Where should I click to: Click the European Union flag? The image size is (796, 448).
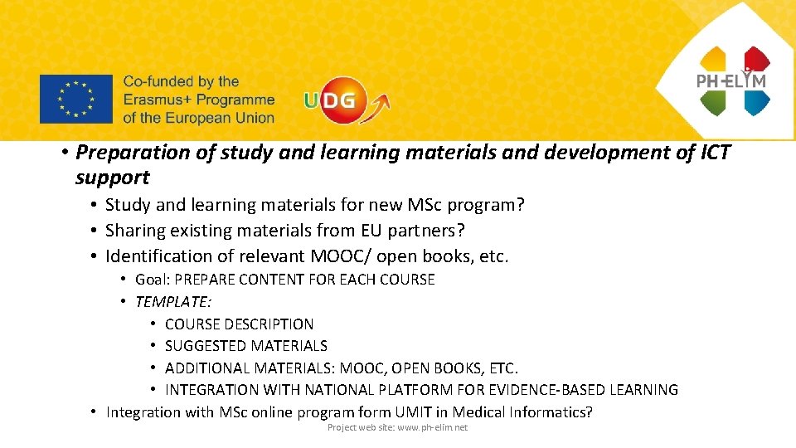75,99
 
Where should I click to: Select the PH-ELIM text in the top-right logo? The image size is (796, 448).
730,81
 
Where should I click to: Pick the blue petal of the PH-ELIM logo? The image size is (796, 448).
756,102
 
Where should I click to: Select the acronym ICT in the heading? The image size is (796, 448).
711,153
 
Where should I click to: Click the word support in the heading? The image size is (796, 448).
112,177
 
